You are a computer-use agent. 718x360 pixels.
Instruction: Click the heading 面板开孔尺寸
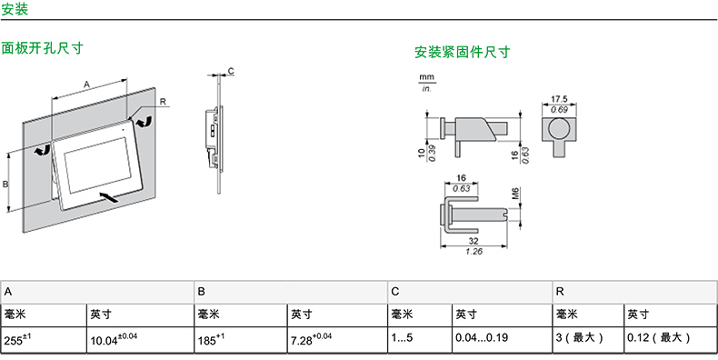pos(42,48)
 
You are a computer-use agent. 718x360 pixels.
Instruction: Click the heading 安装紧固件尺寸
pos(462,52)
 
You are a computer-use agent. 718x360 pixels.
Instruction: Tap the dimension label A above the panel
pos(86,84)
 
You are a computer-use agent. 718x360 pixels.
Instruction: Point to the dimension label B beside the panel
pos(5,185)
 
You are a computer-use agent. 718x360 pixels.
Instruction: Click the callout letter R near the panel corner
pos(163,102)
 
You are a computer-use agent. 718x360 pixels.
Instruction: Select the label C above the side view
pos(231,71)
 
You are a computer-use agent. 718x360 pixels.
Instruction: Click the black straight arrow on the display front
pos(109,197)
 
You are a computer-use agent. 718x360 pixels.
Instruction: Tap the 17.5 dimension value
pos(559,99)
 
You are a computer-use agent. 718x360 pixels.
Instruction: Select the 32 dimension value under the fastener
pos(474,241)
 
